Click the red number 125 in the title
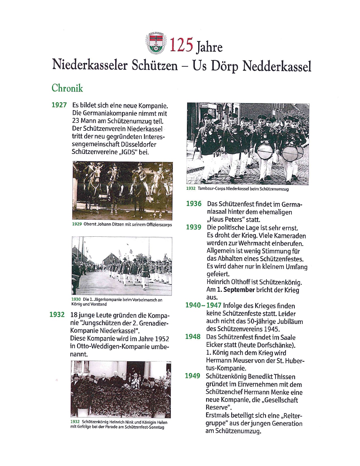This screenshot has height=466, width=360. point(181,45)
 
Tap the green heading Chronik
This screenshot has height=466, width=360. point(67,88)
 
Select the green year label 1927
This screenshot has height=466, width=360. point(59,105)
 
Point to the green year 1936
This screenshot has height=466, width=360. point(194,204)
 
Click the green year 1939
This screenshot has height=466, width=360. point(193,227)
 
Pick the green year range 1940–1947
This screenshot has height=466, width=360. point(203,305)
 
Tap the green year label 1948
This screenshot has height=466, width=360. point(193,337)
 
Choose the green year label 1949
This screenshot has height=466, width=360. point(193,376)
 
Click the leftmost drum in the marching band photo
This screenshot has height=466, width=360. point(265,152)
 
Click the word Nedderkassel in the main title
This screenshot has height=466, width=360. point(277,67)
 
